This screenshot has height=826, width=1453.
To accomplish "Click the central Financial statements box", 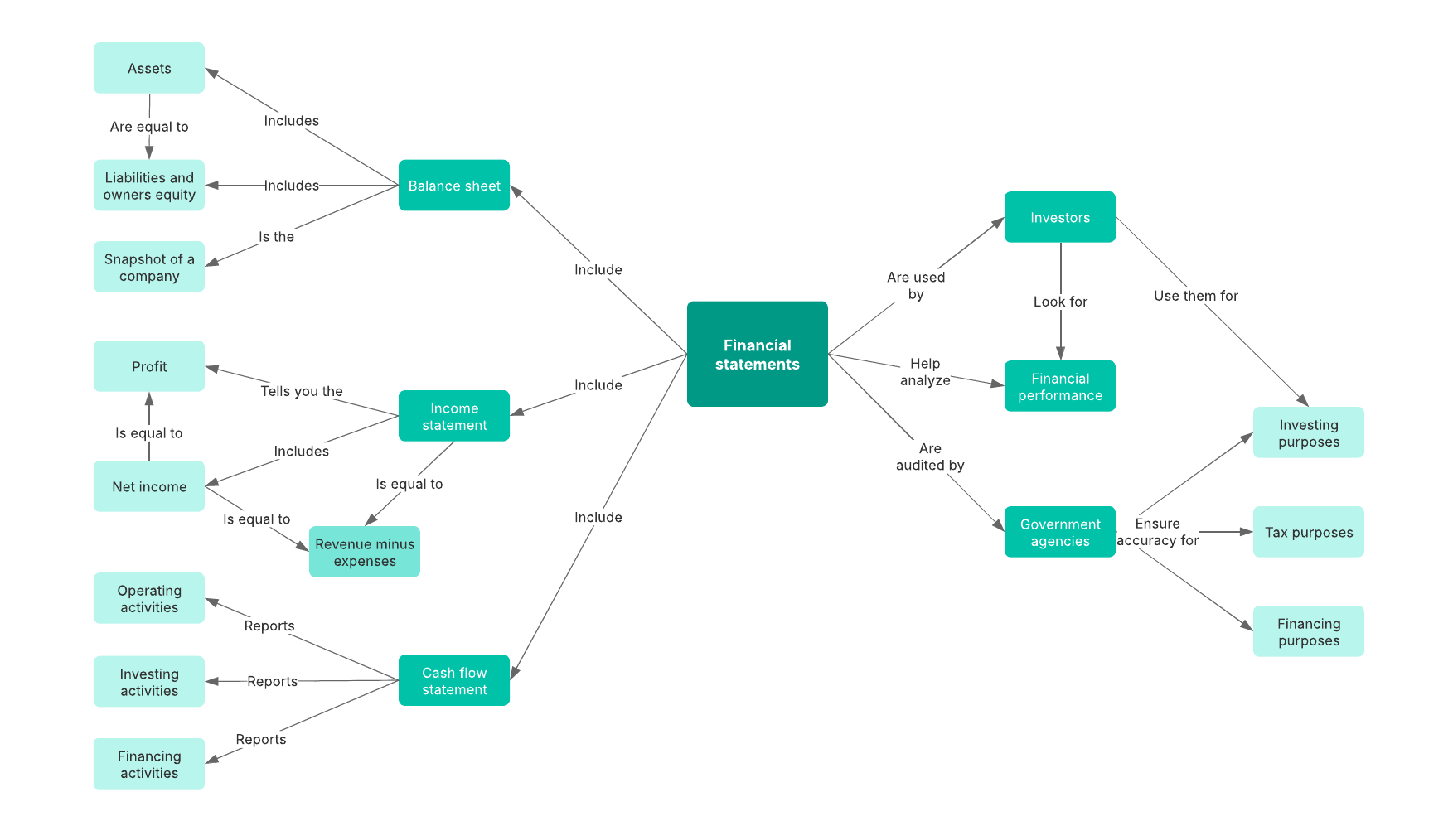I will (757, 354).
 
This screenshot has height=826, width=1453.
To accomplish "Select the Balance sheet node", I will (453, 186).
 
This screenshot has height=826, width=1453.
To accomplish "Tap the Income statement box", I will (453, 416).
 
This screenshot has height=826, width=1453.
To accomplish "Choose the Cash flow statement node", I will (453, 680).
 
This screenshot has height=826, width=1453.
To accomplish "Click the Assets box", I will (149, 68).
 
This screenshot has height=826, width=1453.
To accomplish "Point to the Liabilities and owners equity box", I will (149, 186).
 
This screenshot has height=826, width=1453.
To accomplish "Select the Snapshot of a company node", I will (149, 267).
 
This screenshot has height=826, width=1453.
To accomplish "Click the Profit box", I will (149, 366).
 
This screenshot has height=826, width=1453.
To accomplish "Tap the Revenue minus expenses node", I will (365, 552).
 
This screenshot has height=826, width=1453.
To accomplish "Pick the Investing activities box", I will (149, 682).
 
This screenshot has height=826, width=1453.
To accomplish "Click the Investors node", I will (1059, 217).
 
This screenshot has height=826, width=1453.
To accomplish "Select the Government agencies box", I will (1059, 532).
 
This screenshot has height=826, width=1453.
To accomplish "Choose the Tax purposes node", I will (1308, 532).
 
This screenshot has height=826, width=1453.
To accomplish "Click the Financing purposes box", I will (1308, 631).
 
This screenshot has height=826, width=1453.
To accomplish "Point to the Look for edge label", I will (1060, 302).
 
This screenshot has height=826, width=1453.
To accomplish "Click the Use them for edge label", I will (1195, 296).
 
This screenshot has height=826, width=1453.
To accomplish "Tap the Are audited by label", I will (930, 456).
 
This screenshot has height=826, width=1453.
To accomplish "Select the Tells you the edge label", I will (301, 391).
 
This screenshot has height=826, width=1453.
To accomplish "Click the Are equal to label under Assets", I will (149, 127).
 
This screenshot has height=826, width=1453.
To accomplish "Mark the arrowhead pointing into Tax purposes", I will (1246, 532).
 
